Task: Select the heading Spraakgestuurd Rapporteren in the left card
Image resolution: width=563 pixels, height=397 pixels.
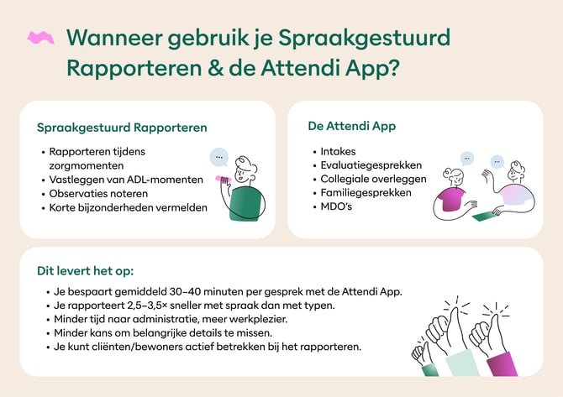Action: pyautogui.click(x=122, y=128)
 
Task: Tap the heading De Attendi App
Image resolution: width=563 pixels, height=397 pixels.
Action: pyautogui.click(x=352, y=127)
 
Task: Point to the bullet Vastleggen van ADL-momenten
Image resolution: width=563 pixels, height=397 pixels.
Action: pyautogui.click(x=126, y=180)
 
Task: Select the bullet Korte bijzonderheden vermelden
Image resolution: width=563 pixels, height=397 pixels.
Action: pyautogui.click(x=128, y=207)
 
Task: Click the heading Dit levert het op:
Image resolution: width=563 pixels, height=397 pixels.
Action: pyautogui.click(x=85, y=271)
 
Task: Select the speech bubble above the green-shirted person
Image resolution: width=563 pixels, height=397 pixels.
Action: pyautogui.click(x=219, y=156)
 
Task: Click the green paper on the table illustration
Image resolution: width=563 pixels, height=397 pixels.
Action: pyautogui.click(x=486, y=216)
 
